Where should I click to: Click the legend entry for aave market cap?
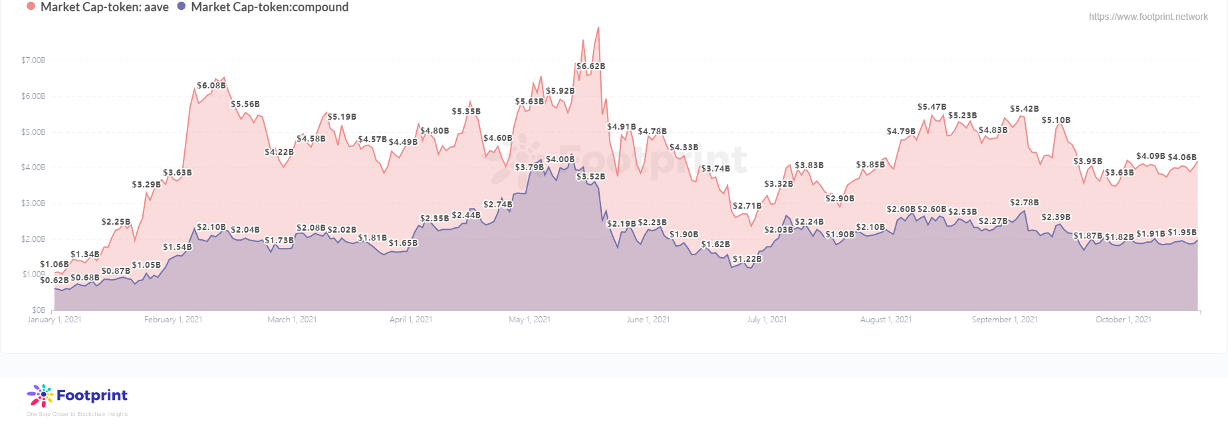tap(98, 7)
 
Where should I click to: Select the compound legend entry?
tap(263, 7)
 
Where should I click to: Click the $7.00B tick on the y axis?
tap(33, 60)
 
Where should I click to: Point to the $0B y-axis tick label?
tap(39, 310)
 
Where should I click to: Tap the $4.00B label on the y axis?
tap(33, 167)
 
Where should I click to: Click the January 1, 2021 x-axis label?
tap(55, 320)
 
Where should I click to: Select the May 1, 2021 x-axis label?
tap(529, 320)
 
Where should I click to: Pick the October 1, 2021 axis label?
tap(1123, 320)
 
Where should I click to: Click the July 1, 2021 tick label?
tap(767, 320)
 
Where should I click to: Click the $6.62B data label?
tap(590, 66)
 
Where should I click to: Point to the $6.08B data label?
tap(211, 86)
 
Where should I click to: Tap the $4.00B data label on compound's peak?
tap(560, 159)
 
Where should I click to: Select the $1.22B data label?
tap(747, 259)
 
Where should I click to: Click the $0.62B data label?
tap(55, 280)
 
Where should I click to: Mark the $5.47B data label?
tap(931, 107)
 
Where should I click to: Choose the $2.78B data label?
tap(1024, 203)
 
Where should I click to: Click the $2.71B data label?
tap(747, 206)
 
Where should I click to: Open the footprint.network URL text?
tap(1148, 17)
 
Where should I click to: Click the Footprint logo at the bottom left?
tap(77, 396)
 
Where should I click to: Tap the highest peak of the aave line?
tap(598, 28)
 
